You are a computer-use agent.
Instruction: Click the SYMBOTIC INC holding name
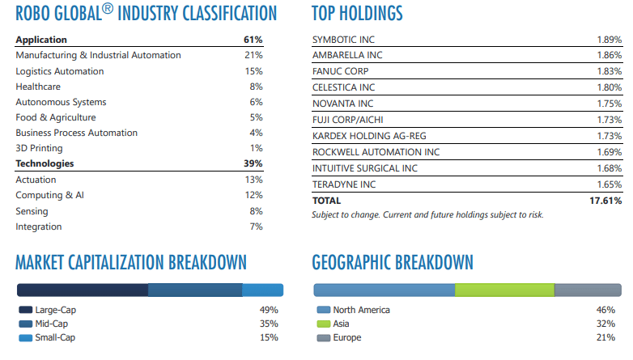pos(343,40)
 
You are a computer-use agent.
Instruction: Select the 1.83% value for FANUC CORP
pos(609,71)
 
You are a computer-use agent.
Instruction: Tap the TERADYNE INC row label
pos(344,184)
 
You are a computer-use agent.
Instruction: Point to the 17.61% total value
pos(605,201)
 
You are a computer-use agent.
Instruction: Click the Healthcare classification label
pos(37,87)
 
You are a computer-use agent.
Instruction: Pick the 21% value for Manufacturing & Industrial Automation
pos(253,55)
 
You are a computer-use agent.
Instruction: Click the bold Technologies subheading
pos(45,163)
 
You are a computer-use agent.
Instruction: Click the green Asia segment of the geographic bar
pos(504,290)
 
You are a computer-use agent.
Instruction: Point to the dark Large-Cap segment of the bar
pos(82,290)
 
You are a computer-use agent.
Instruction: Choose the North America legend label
pos(361,310)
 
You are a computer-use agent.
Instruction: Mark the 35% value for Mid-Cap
pos(269,324)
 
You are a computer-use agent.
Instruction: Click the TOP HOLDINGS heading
pos(357,14)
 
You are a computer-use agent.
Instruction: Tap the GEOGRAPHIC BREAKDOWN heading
pos(392,262)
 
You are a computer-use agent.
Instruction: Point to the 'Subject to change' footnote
pos(427,214)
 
